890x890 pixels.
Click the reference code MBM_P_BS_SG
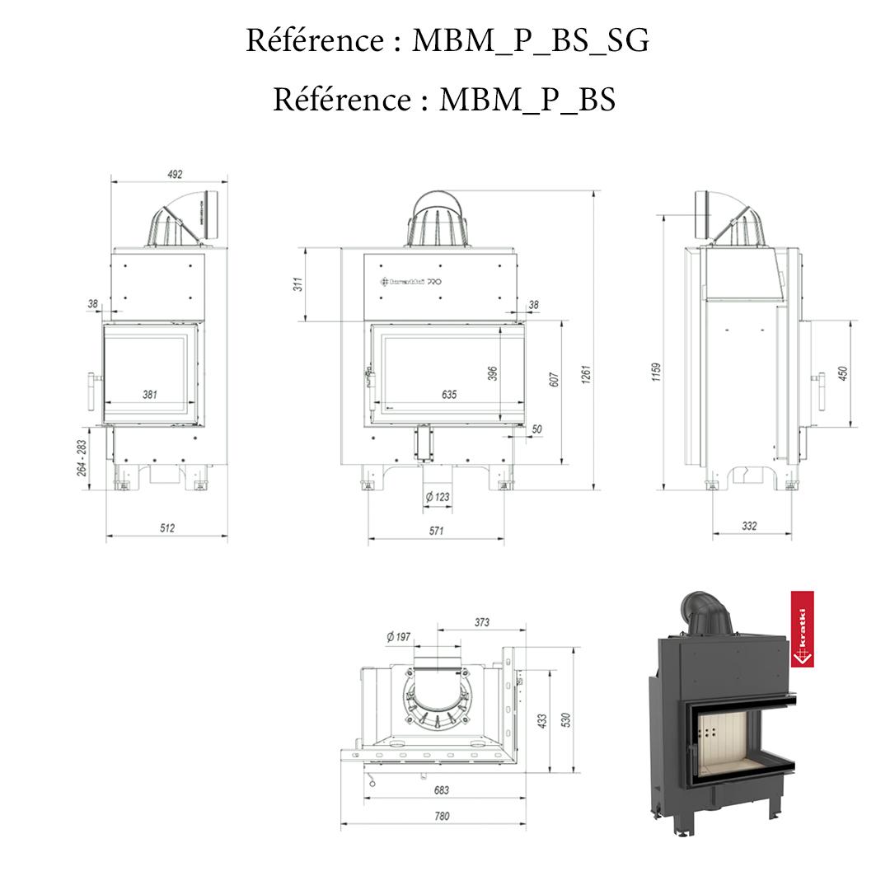tap(530, 40)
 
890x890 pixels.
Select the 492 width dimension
tap(174, 174)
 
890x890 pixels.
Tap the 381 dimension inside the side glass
tap(149, 395)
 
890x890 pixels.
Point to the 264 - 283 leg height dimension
tap(82, 457)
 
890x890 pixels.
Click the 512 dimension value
tap(167, 528)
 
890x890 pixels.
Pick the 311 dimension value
tap(298, 283)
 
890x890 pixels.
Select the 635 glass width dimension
tap(448, 395)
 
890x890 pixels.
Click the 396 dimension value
tap(493, 373)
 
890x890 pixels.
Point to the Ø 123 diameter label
tap(437, 496)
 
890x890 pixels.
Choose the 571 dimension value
tap(436, 531)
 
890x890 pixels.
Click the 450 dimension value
tap(841, 373)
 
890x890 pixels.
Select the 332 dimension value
tap(749, 526)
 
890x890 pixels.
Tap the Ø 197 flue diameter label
tap(398, 636)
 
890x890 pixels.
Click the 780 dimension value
tap(442, 816)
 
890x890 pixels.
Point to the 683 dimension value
tap(442, 789)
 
